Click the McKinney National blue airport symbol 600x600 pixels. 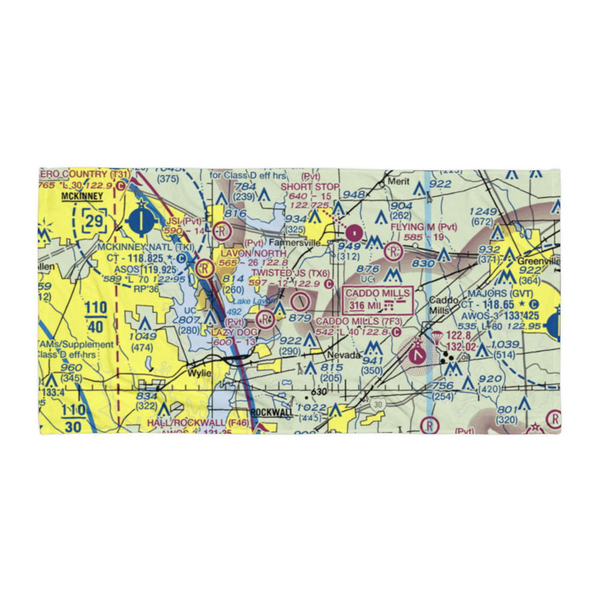[142, 221]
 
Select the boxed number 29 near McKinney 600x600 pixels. [94, 221]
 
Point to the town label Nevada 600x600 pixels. [344, 355]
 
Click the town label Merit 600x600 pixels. [398, 181]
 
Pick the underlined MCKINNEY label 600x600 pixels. [82, 196]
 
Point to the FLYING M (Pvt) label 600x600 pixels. [423, 227]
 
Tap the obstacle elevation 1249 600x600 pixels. [484, 212]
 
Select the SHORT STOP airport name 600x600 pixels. [310, 187]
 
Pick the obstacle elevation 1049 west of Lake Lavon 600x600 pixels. [143, 336]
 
